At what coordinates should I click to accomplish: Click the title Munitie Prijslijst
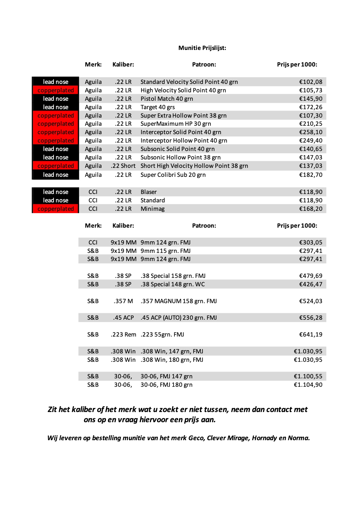pyautogui.click(x=202, y=48)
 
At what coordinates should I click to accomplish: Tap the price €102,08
pyautogui.click(x=311, y=82)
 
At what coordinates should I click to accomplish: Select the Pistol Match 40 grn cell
pyautogui.click(x=167, y=99)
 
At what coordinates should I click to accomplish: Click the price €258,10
pyautogui.click(x=311, y=132)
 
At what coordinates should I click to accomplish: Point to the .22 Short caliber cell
pyautogui.click(x=123, y=166)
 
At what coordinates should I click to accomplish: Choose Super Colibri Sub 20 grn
pyautogui.click(x=173, y=175)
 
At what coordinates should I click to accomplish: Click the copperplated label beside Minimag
pyautogui.click(x=55, y=209)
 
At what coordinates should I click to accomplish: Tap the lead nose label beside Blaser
pyautogui.click(x=55, y=192)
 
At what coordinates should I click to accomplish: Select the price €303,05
pyautogui.click(x=311, y=242)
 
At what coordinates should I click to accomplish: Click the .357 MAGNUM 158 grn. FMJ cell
pyautogui.click(x=179, y=301)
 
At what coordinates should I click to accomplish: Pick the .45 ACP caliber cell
pyautogui.click(x=123, y=318)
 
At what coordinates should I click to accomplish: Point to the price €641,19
pyautogui.click(x=311, y=334)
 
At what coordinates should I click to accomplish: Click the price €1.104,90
pyautogui.click(x=308, y=385)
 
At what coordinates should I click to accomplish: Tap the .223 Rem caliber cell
pyautogui.click(x=123, y=334)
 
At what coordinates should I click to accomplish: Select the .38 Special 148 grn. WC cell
pyautogui.click(x=173, y=284)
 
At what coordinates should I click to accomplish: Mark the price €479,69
pyautogui.click(x=311, y=276)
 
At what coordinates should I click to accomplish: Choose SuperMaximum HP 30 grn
pyautogui.click(x=176, y=124)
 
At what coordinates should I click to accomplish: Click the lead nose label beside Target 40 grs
pyautogui.click(x=55, y=107)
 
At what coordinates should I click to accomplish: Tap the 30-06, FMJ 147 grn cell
pyautogui.click(x=166, y=376)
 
